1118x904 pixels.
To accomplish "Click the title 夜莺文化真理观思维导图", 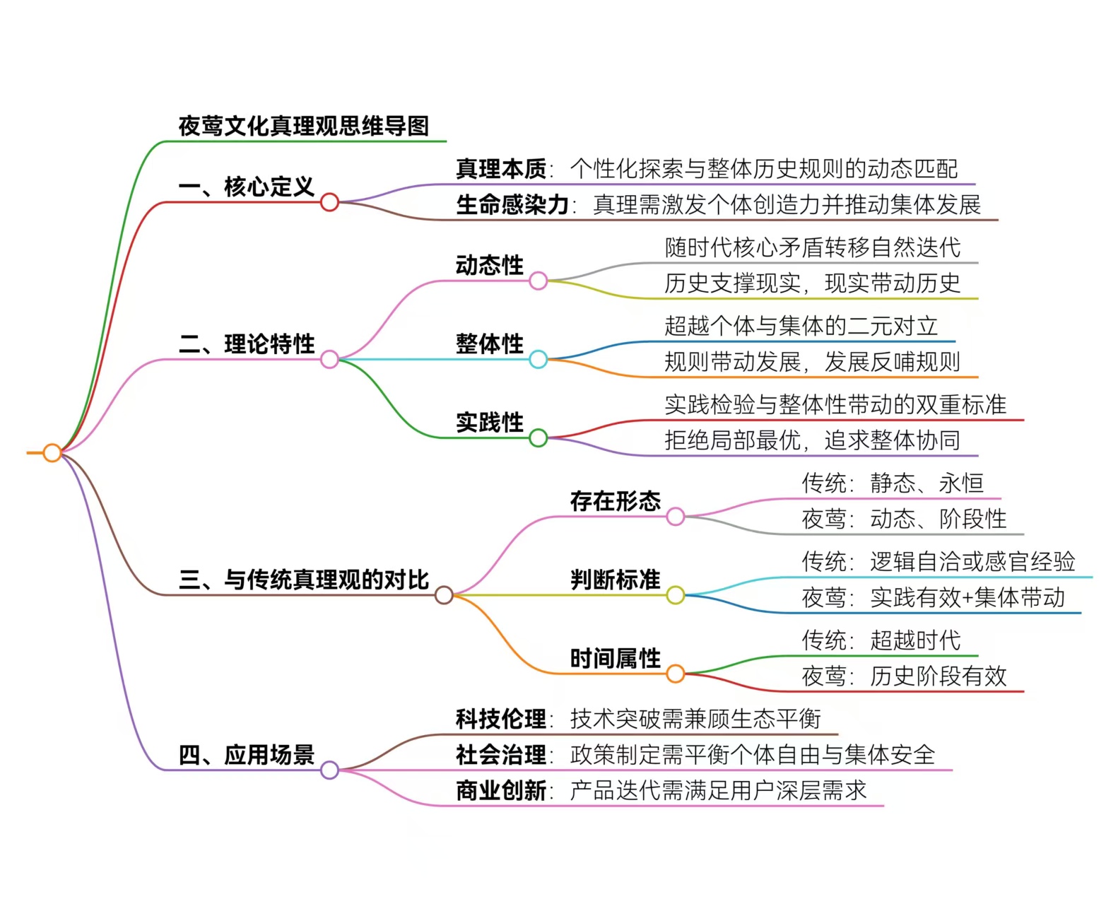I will pos(303,126).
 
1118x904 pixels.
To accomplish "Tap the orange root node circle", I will pos(52,452).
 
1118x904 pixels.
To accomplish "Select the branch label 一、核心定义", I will pos(246,187).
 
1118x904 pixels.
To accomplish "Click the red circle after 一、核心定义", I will pos(329,203).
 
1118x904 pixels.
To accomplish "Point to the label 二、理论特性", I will pos(246,344).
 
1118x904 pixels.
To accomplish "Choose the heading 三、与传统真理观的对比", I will pos(303,580).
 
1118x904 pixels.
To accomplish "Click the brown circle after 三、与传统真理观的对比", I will pos(444,595).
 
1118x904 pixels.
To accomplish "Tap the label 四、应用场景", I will pos(246,755).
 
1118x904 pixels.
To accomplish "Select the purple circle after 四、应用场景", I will pos(329,770).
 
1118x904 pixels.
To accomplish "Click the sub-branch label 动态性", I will pos(489,266).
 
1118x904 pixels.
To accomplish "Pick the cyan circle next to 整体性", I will pos(538,360).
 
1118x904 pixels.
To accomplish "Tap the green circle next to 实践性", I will pos(538,438).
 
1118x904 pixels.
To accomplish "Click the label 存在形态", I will pos(615,501).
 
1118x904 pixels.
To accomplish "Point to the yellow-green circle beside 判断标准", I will pos(676,595).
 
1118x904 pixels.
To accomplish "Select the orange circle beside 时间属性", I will pos(676,674).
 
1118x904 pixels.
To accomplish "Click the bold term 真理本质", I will pos(500,169).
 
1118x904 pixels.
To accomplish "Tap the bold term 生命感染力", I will pos(512,205).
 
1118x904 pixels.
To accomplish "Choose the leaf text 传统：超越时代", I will pos(881,640).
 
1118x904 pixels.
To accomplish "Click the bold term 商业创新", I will pos(500,790).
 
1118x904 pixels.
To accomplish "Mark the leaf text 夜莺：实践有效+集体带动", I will pos(933,598).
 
